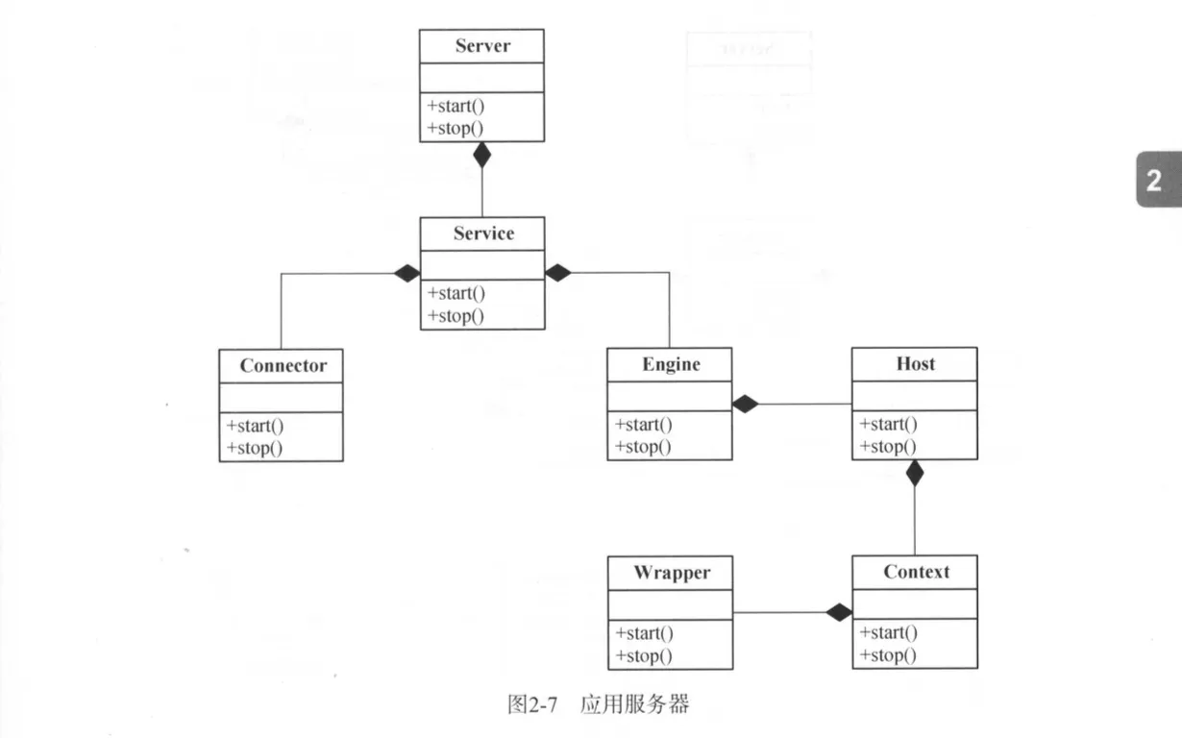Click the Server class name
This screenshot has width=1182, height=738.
click(482, 46)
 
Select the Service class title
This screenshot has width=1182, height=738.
click(483, 234)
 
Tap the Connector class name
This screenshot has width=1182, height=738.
click(283, 365)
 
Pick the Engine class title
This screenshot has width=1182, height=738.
click(671, 364)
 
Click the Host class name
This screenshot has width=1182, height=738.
click(915, 363)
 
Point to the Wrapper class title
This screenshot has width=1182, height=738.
click(671, 573)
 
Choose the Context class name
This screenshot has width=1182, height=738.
click(916, 572)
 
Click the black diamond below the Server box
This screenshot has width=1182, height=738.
click(482, 155)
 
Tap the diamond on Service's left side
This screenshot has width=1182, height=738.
click(406, 273)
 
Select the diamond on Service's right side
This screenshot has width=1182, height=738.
click(558, 273)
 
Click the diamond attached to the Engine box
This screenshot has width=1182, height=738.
click(745, 405)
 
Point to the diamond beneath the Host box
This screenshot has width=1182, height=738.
click(915, 472)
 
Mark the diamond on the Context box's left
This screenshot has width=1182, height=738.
click(839, 612)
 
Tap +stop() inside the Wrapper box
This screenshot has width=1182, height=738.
click(643, 656)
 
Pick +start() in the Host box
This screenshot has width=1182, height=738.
click(888, 424)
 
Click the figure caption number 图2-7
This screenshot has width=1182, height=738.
click(532, 704)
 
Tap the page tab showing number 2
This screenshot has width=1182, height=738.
click(1154, 180)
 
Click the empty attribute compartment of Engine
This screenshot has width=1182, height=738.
click(670, 395)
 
